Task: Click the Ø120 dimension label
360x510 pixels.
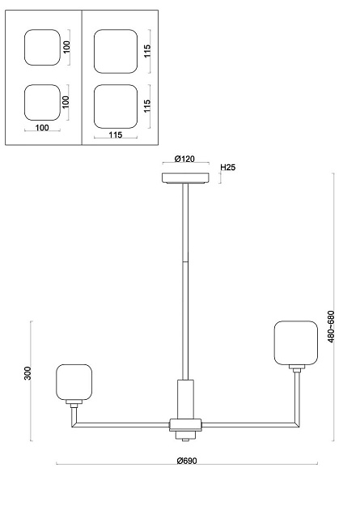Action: point(184,159)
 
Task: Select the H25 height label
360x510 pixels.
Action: point(228,168)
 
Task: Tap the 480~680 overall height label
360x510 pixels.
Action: point(331,326)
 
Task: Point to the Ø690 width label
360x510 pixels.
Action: point(187,461)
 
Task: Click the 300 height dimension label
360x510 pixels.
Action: point(28,373)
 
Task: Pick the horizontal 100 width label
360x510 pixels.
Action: point(42,128)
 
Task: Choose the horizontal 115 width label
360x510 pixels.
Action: point(116,134)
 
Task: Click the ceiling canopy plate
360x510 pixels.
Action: point(185,178)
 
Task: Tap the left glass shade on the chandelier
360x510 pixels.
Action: point(74,382)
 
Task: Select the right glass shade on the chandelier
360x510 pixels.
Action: point(295,342)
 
